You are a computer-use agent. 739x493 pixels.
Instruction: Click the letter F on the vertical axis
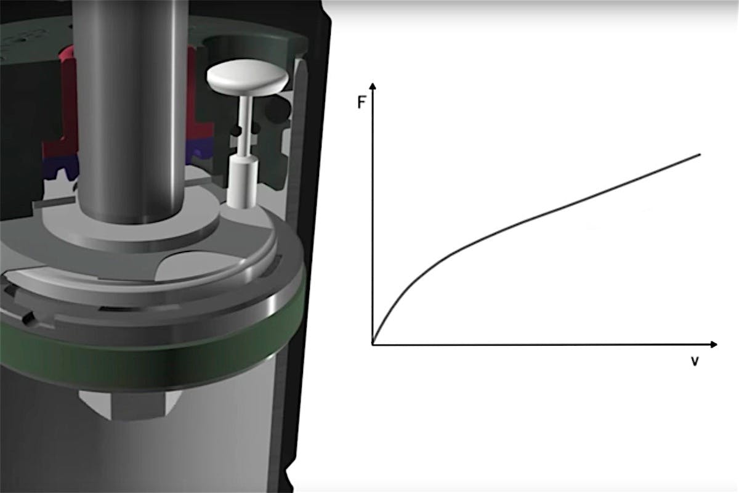[362, 102]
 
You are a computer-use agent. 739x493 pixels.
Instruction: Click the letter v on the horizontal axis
[695, 362]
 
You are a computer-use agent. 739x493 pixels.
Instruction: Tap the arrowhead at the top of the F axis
[373, 86]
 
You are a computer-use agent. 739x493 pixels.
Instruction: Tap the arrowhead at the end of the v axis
[714, 344]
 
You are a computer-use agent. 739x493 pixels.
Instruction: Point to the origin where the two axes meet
[373, 344]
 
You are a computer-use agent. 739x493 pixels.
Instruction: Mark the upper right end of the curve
[700, 154]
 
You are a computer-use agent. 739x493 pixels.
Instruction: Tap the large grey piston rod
[131, 109]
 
